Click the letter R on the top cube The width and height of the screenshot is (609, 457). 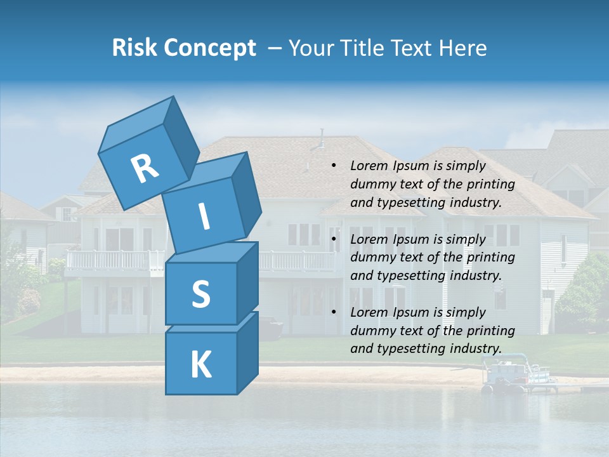145,168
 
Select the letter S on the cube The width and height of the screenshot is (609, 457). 200,294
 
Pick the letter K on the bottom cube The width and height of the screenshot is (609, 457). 200,365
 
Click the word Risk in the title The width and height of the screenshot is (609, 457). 136,48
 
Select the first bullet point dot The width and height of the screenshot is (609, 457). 334,166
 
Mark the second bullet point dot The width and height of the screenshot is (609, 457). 334,240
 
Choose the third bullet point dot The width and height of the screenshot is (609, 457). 334,313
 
